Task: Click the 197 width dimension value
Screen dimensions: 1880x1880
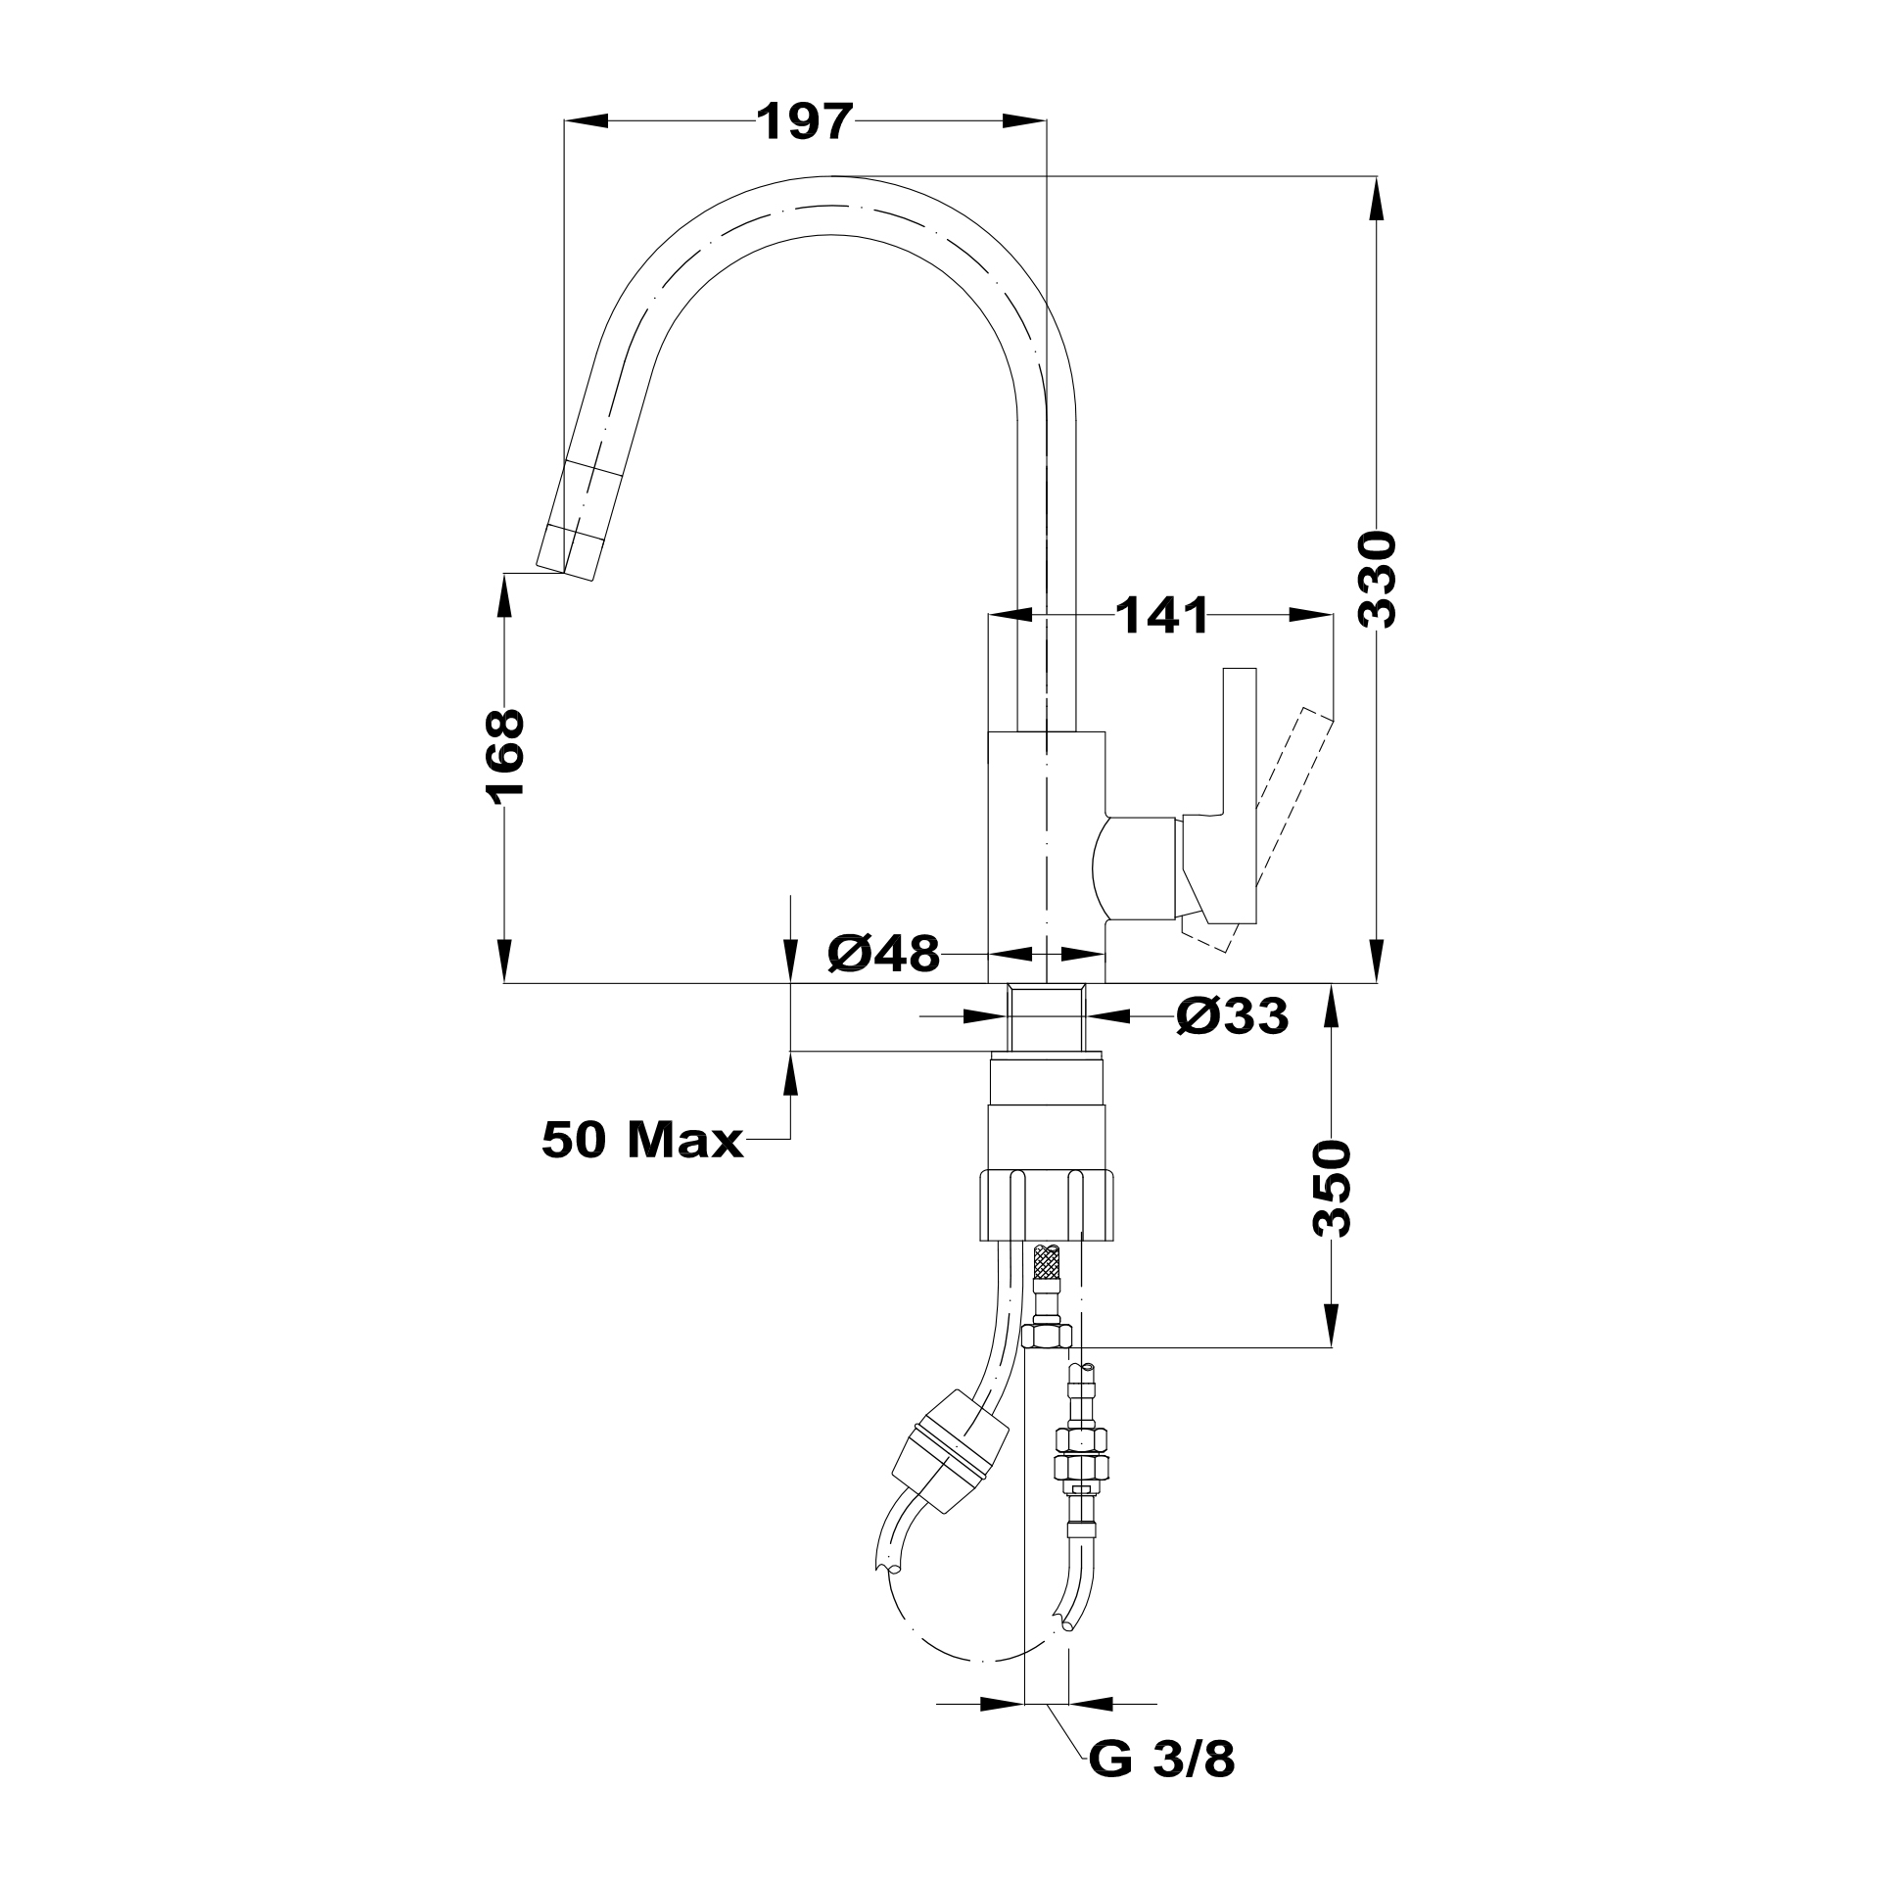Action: click(x=805, y=122)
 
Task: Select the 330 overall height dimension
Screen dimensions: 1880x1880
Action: click(x=1378, y=580)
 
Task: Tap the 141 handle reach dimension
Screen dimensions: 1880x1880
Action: click(x=1161, y=616)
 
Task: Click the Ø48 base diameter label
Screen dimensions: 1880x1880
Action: click(x=883, y=953)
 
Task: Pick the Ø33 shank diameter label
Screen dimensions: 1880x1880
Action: click(x=1232, y=1017)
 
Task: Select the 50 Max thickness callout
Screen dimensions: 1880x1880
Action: click(x=641, y=1140)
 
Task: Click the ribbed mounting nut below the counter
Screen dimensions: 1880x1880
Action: click(x=1047, y=1204)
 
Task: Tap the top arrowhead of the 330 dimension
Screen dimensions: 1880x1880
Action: click(x=1378, y=196)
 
